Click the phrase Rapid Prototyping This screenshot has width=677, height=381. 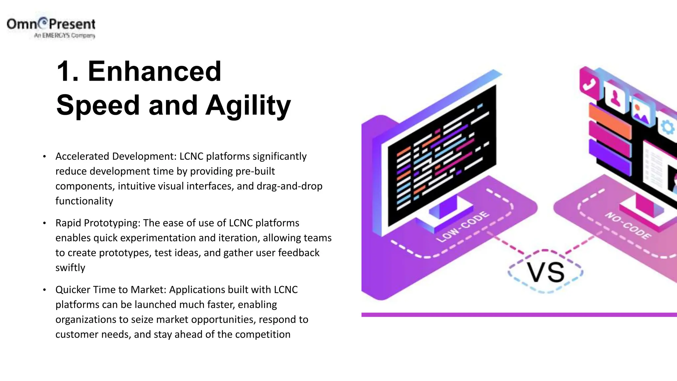coord(98,223)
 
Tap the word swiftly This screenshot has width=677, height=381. coord(70,268)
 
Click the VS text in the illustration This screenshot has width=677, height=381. coord(545,273)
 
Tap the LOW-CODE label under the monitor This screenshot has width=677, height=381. coord(462,227)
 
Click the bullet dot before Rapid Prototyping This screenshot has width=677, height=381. coord(44,223)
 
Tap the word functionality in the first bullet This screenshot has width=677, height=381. coord(84,201)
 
